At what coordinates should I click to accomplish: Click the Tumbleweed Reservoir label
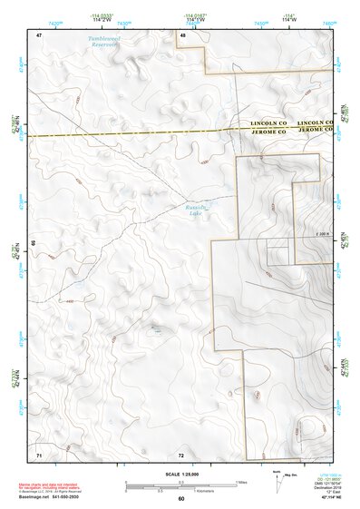click(108, 42)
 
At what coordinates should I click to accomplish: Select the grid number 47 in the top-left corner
click(39, 34)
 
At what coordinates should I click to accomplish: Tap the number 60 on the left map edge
click(34, 243)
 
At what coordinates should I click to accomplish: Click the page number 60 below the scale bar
click(180, 499)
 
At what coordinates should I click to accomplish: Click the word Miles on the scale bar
click(241, 482)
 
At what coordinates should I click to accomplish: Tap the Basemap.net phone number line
click(53, 496)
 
